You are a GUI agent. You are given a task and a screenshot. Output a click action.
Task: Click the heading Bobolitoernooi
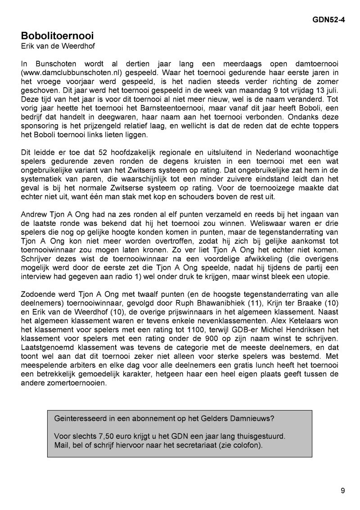click(x=57, y=35)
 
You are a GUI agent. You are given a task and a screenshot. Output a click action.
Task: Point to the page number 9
click(x=343, y=491)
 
